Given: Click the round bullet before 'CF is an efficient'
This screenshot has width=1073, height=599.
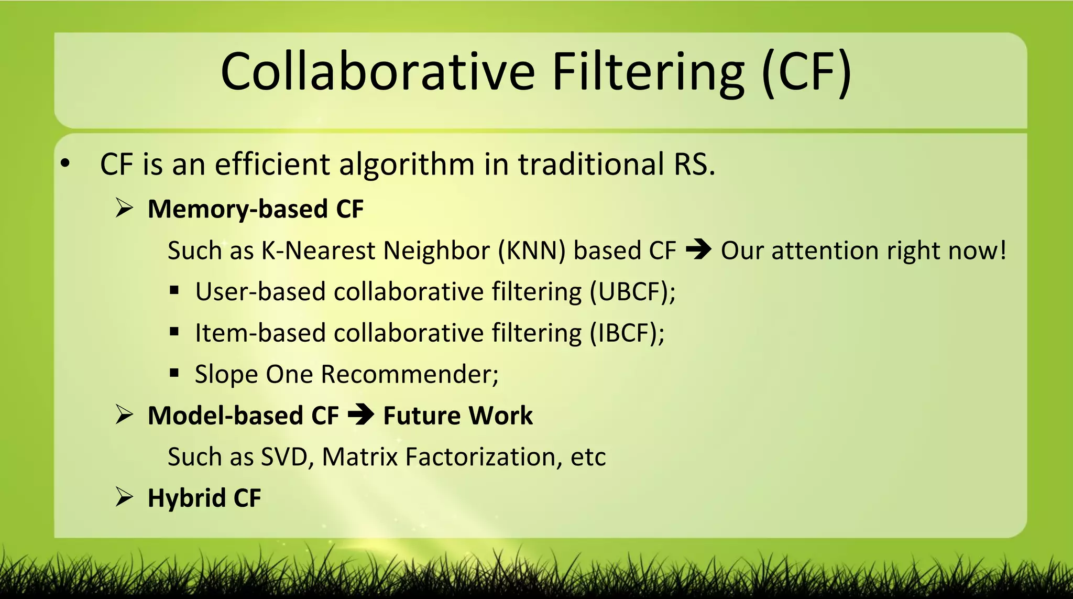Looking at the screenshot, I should coord(65,164).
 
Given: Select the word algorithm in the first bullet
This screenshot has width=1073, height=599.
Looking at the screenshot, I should coord(407,165).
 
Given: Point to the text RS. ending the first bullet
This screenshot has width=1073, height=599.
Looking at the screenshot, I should coord(694,164).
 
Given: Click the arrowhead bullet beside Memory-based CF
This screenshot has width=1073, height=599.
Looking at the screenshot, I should coord(125,209).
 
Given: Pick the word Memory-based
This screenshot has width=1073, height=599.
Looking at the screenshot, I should coord(237,209).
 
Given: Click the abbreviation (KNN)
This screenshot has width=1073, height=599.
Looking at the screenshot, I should coord(531,251).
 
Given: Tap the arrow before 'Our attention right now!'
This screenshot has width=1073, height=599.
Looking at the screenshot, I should coord(698,250).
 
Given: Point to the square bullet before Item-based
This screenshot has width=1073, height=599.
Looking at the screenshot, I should coord(174,332).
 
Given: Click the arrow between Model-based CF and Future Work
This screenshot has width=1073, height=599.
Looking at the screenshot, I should coord(361,415).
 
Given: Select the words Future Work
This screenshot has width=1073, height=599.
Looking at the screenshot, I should coord(458,416).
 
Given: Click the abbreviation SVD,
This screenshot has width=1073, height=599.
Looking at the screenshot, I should coord(287,457).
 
